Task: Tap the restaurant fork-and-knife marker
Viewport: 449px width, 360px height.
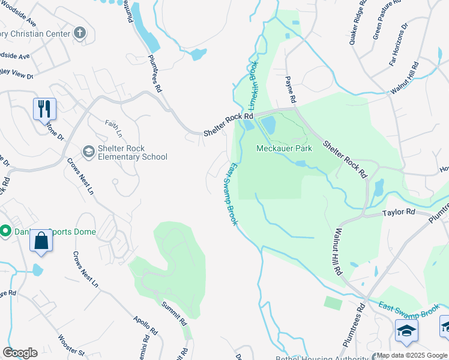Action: point(44,109)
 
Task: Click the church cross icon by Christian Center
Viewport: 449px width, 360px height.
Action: point(80,34)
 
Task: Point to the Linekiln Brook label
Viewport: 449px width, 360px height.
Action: point(253,83)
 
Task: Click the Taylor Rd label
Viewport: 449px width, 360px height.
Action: point(399,212)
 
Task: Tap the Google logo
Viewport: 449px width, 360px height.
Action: point(20,353)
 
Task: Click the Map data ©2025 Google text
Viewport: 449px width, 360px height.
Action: point(411,355)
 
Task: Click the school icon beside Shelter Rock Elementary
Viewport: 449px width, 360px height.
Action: point(88,151)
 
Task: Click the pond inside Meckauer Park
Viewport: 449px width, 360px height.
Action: point(268,125)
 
